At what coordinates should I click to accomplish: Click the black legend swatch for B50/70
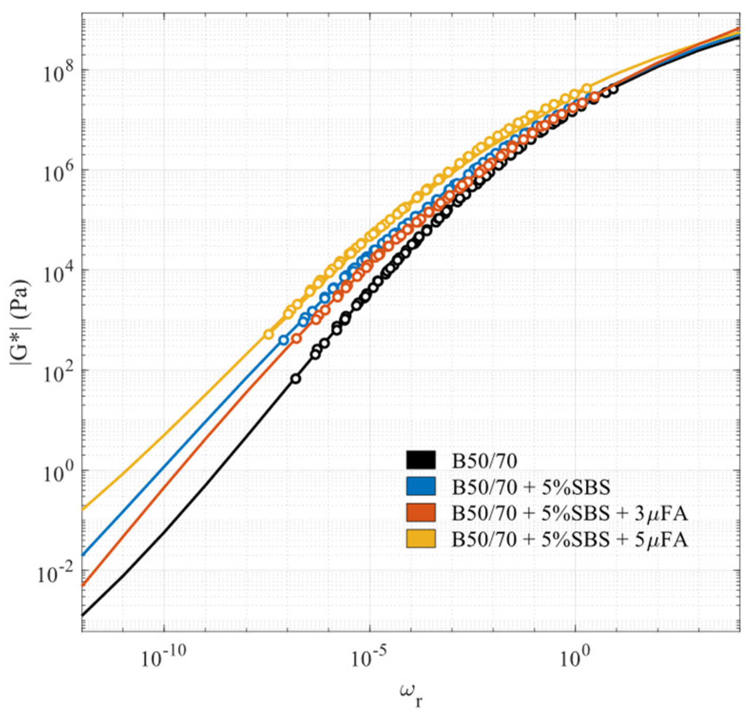[420, 460]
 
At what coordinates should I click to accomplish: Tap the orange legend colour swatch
[420, 513]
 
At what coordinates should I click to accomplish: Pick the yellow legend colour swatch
[420, 539]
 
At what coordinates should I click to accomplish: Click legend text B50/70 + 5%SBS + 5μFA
[569, 540]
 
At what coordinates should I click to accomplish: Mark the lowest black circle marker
[295, 379]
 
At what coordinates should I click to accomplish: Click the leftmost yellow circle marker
[268, 335]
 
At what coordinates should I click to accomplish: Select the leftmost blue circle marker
[284, 340]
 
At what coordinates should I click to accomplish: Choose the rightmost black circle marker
[613, 88]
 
